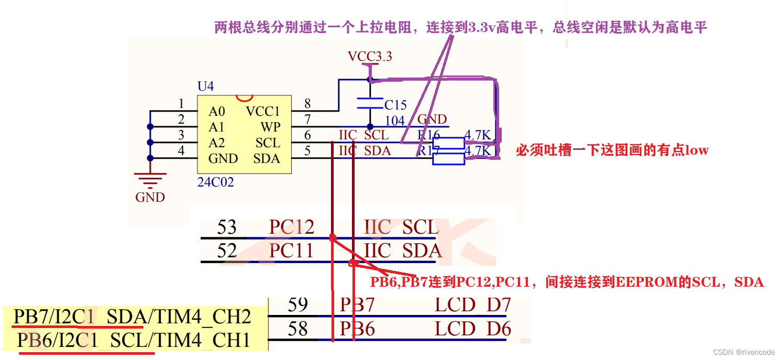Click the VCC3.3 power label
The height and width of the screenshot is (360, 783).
(x=370, y=57)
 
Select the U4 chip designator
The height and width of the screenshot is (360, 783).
(x=205, y=86)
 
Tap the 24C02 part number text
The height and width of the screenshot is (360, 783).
(x=215, y=182)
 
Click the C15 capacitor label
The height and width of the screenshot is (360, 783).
(x=395, y=105)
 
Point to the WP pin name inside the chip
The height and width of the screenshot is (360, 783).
(x=270, y=127)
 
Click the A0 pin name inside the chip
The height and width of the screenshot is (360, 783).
(x=216, y=111)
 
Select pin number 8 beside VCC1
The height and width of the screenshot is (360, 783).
(x=307, y=104)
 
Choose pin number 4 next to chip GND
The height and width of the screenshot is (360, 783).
(x=181, y=151)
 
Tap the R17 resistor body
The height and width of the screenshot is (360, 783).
(x=448, y=159)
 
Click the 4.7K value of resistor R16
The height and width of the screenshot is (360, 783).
(x=478, y=136)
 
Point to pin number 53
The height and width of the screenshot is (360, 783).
(x=227, y=227)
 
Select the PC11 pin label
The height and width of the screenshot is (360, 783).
(x=291, y=250)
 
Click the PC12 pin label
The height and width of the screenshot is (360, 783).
(x=291, y=227)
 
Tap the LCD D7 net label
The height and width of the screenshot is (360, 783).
(x=472, y=305)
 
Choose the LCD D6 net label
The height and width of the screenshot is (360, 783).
(x=472, y=329)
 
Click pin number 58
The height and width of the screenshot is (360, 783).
(x=297, y=329)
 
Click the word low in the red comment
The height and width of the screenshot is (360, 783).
(x=697, y=150)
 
